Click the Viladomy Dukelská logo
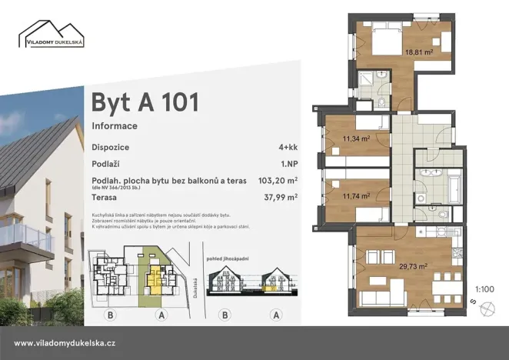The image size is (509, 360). tap(52, 35)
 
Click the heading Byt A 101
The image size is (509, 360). tap(145, 102)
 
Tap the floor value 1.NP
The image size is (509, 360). tap(288, 164)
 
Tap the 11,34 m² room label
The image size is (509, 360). tap(357, 139)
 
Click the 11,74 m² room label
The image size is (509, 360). tap(357, 196)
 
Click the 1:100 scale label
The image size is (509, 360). tap(485, 289)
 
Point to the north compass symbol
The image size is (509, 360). tap(485, 310)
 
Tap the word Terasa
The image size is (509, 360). tap(105, 197)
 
